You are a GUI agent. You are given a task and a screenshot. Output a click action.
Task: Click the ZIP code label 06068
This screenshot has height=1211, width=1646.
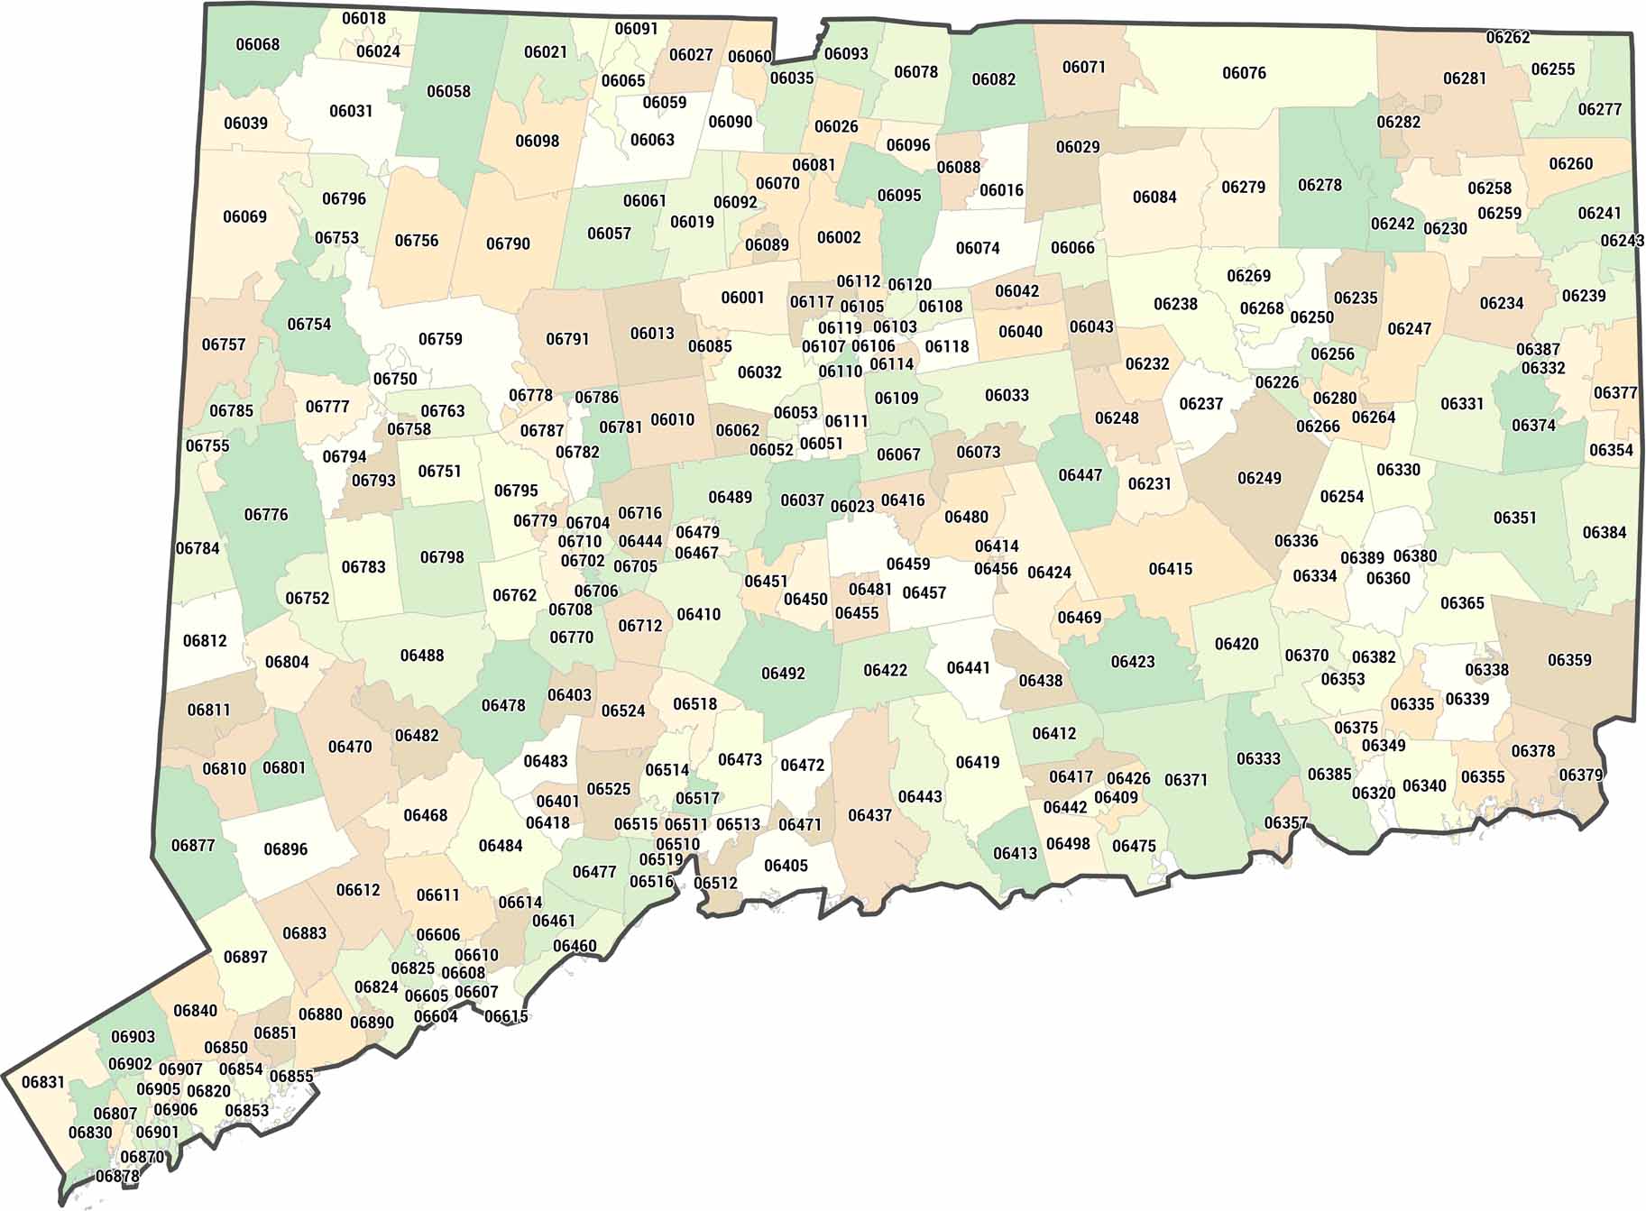click(258, 44)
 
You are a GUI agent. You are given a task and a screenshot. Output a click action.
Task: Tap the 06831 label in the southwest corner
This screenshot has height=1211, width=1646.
click(43, 1082)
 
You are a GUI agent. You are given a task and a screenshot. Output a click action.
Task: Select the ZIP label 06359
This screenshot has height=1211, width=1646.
click(1569, 660)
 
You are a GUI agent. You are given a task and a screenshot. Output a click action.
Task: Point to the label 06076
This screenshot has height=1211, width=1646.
click(1244, 73)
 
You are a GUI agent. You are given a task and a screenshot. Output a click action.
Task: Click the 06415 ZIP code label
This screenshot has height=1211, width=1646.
click(1170, 569)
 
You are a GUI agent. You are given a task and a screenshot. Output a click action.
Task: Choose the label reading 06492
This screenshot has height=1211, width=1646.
click(783, 674)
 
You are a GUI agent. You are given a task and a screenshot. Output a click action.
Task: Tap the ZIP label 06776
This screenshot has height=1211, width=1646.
click(266, 515)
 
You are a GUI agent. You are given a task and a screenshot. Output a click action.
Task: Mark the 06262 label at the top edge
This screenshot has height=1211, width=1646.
click(1508, 38)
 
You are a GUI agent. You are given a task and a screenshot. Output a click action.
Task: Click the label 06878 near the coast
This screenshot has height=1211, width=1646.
click(117, 1177)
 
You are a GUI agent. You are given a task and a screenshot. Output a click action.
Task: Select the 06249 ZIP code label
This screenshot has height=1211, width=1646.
click(1259, 478)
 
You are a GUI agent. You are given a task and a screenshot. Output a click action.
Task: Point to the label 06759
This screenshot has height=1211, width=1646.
click(440, 339)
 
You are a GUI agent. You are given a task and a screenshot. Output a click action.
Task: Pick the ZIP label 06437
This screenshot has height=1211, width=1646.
click(869, 815)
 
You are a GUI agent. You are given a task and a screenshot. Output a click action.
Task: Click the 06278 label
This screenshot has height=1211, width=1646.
click(1320, 185)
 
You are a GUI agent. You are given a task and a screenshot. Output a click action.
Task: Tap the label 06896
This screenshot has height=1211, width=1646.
click(285, 849)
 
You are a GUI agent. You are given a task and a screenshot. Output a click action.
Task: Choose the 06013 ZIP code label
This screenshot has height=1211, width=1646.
click(652, 334)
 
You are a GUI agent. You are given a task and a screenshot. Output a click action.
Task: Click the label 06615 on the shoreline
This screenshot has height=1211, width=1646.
click(506, 1016)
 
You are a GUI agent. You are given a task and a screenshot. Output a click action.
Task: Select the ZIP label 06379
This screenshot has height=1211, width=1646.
click(1581, 775)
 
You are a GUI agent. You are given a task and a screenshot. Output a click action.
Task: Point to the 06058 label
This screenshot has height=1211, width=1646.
click(448, 91)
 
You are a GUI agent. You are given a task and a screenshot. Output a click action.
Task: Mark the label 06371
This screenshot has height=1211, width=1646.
click(1185, 780)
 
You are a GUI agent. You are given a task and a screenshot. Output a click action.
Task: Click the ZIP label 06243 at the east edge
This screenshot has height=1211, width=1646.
click(1622, 241)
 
